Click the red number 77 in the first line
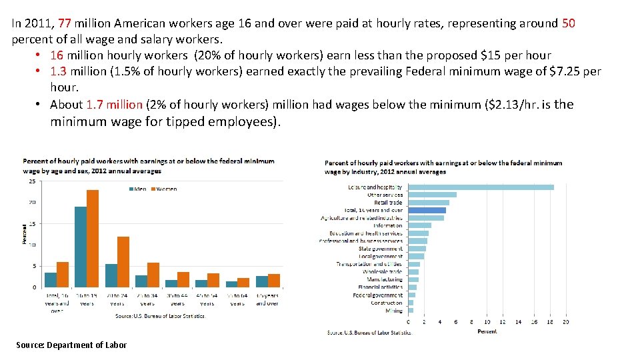pos(65,23)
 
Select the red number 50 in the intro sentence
pos(569,23)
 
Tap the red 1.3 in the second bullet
pos(59,71)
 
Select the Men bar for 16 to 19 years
pos(81,247)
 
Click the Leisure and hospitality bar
pos(481,187)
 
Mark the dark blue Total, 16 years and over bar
pos(427,210)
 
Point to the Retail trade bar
pos(429,203)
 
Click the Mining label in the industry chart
pos(394,310)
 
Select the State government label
pos(381,249)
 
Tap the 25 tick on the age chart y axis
pos(32,181)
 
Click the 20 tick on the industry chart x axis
pos(566,322)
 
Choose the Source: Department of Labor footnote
pos(71,345)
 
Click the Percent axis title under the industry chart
pos(487,331)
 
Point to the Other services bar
pos(432,195)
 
